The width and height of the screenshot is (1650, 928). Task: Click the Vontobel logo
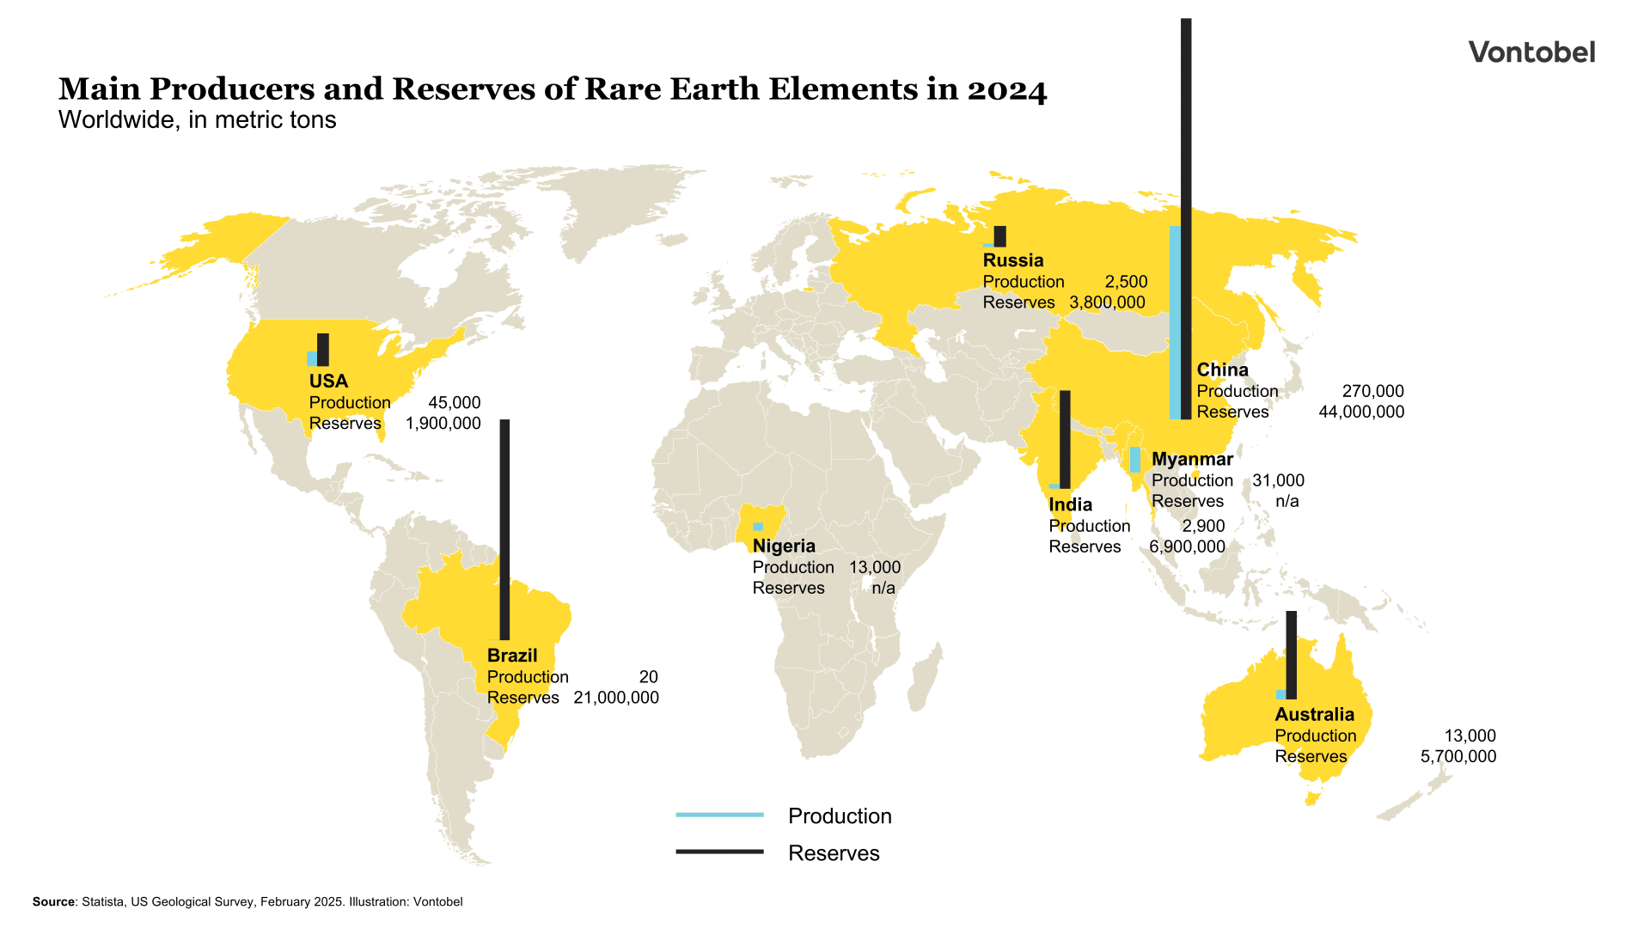(1531, 53)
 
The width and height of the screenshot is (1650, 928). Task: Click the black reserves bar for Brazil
(504, 529)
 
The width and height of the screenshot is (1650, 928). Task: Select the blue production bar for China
(1175, 322)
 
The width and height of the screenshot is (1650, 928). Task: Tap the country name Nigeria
(784, 546)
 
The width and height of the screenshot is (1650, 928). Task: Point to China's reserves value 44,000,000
(1361, 412)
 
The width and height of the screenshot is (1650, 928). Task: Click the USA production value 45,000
(454, 403)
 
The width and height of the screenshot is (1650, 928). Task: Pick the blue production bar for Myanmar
(1135, 460)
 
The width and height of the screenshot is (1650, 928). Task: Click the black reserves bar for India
(1065, 439)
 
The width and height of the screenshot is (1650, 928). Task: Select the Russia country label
(1013, 260)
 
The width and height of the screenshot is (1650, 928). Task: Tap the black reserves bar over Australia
(1291, 655)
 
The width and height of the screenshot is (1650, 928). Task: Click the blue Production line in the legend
(719, 815)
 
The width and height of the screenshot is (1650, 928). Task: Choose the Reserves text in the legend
(834, 853)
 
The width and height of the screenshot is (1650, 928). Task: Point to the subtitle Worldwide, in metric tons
(197, 120)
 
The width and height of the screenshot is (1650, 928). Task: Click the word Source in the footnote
(53, 902)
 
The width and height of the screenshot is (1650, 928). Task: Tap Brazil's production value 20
(648, 677)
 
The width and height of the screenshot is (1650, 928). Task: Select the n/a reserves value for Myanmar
(1286, 502)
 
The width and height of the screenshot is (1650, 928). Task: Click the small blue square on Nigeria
(758, 527)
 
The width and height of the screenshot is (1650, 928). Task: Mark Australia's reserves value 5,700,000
(1457, 757)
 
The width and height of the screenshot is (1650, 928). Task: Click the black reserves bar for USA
(323, 350)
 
